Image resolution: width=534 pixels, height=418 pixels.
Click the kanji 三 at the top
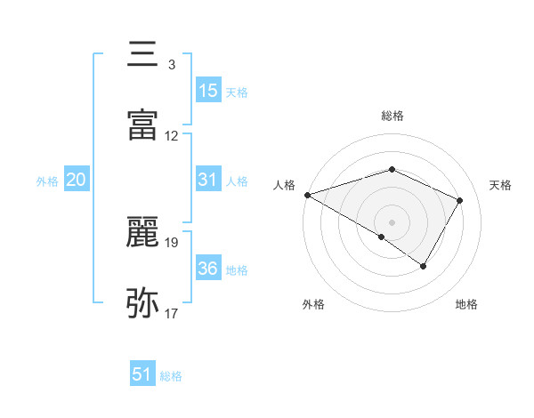pyautogui.click(x=143, y=54)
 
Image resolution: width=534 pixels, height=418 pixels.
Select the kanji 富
pyautogui.click(x=143, y=126)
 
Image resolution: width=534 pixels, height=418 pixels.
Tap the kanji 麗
pyautogui.click(x=143, y=232)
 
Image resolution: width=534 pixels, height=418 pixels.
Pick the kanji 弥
pyautogui.click(x=143, y=303)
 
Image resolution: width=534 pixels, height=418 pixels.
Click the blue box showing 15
pyautogui.click(x=208, y=91)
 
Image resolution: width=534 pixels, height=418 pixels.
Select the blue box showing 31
pyautogui.click(x=208, y=180)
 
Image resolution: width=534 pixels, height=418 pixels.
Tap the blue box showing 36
pyautogui.click(x=208, y=269)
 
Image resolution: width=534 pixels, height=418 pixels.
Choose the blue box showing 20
pyautogui.click(x=76, y=180)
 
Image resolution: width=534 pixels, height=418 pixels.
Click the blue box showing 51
pyautogui.click(x=142, y=374)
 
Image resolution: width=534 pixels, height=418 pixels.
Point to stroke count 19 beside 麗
pyautogui.click(x=173, y=242)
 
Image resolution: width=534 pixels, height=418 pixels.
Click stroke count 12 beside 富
pyautogui.click(x=173, y=136)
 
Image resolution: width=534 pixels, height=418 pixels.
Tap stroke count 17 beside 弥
pyautogui.click(x=173, y=314)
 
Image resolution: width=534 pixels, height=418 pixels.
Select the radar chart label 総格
pyautogui.click(x=392, y=116)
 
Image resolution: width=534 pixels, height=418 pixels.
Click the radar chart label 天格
pyautogui.click(x=501, y=185)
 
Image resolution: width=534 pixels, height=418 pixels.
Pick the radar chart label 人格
pyautogui.click(x=284, y=185)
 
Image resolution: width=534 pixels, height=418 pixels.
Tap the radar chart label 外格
pyautogui.click(x=313, y=304)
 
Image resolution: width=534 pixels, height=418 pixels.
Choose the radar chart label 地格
pyautogui.click(x=466, y=304)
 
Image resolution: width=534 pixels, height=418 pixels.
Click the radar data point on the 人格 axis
pyautogui.click(x=307, y=195)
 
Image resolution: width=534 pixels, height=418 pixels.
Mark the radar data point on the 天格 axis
pyautogui.click(x=460, y=200)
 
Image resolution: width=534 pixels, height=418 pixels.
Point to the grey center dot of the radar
pyautogui.click(x=392, y=221)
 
